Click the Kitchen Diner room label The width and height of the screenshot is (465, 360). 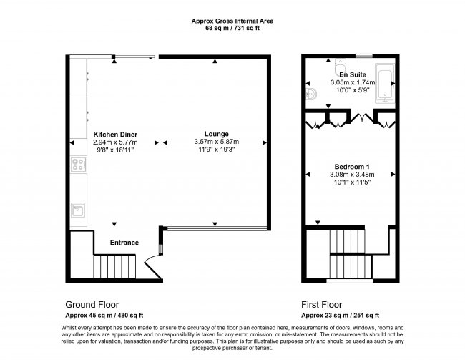[x=115, y=135]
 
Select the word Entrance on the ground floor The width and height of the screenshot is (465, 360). [x=124, y=243]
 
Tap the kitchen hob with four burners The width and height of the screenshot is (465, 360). [x=78, y=166]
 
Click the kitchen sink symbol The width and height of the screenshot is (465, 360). [x=78, y=210]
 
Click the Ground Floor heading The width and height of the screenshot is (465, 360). [x=92, y=303]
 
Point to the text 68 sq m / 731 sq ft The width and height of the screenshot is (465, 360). [x=233, y=29]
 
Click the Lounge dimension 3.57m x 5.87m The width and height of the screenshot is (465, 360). [x=216, y=142]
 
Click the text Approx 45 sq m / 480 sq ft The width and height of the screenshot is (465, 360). [x=104, y=315]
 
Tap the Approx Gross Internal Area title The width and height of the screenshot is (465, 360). [x=233, y=21]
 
